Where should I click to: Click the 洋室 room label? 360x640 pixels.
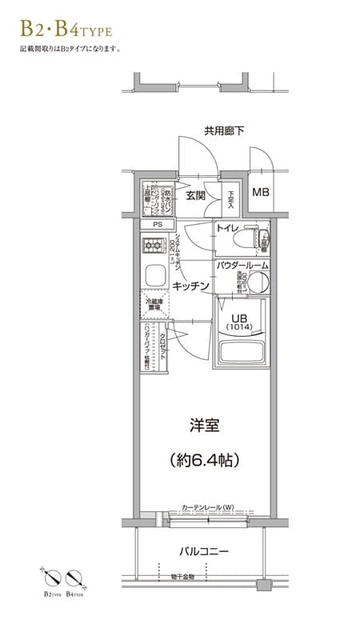click(206, 423)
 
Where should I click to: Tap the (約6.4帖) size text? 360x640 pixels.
click(206, 460)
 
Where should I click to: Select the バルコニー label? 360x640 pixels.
click(204, 552)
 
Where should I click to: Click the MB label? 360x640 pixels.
click(261, 193)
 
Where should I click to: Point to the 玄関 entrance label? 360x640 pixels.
click(196, 195)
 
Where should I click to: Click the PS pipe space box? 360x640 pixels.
click(158, 224)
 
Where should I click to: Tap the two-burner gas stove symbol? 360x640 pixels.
click(152, 246)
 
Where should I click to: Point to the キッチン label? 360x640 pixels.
click(191, 286)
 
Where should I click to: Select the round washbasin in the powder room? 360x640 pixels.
click(256, 282)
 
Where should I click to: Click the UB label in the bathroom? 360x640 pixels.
click(238, 317)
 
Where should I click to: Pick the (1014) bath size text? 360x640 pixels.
click(238, 328)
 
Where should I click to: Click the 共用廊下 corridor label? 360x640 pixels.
click(223, 130)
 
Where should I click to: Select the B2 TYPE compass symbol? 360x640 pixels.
click(54, 578)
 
